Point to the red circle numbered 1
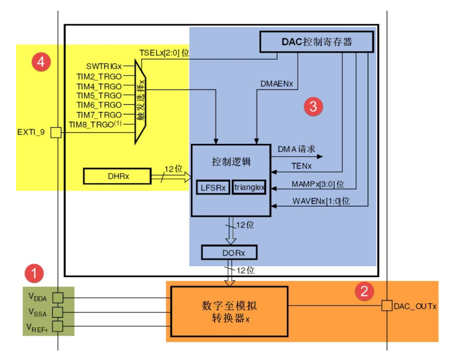click(34, 274)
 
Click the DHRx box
click(116, 176)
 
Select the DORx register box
click(229, 252)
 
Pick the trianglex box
click(250, 188)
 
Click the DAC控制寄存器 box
click(317, 42)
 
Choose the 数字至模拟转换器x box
click(229, 311)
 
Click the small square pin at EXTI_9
click(57, 132)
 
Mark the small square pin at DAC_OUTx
click(387, 306)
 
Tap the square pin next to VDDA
click(58, 297)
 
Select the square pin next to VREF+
click(58, 326)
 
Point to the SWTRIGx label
click(104, 66)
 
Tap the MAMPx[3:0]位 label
click(318, 185)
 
